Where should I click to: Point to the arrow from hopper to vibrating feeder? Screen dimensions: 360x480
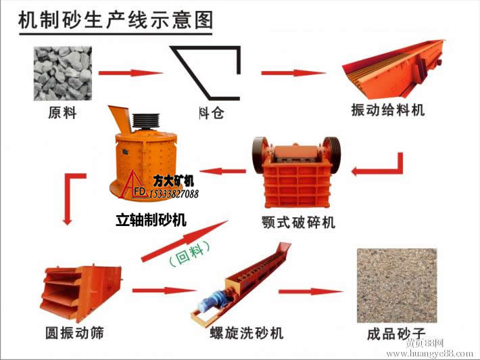[x=289, y=73]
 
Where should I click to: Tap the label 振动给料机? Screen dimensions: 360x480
[x=388, y=110]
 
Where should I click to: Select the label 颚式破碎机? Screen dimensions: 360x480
[x=298, y=222]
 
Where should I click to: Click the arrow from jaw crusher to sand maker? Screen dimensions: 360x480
[x=226, y=171]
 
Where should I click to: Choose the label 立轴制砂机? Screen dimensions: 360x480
[x=151, y=220]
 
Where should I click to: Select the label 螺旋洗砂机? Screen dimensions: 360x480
[x=247, y=333]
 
